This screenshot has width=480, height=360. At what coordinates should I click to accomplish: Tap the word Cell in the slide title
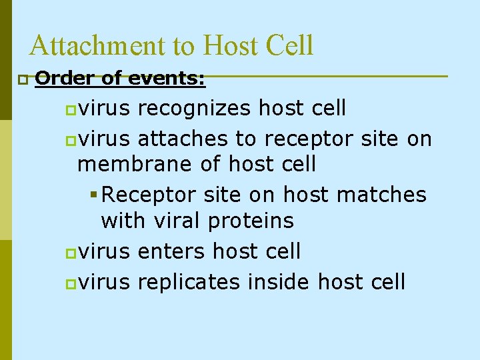[x=289, y=46]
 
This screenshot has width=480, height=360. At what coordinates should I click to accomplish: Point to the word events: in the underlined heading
[x=165, y=79]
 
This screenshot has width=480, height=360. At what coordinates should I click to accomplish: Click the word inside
[x=278, y=281]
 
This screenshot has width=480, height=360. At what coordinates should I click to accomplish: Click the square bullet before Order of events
[x=23, y=80]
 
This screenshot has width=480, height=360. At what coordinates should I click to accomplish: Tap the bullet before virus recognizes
[x=71, y=108]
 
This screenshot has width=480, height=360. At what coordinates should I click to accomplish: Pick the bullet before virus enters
[x=71, y=253]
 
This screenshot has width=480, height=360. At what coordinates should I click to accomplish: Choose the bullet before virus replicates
[x=71, y=283]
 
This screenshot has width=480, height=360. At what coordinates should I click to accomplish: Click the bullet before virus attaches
[x=71, y=140]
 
